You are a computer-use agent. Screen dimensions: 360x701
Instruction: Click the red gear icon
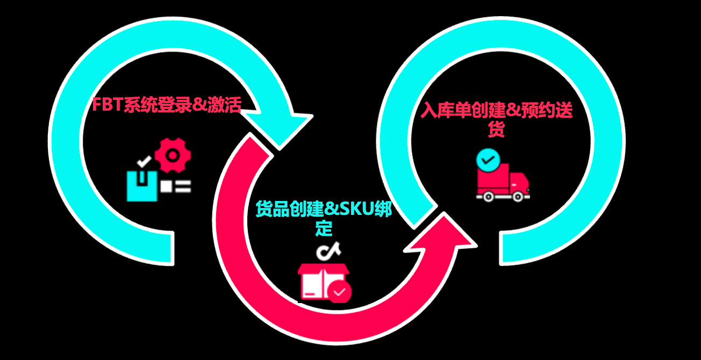pyautogui.click(x=173, y=155)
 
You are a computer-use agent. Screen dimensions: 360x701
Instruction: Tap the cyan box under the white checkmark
pyautogui.click(x=142, y=186)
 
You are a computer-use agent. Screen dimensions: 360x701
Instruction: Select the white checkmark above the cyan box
pyautogui.click(x=144, y=161)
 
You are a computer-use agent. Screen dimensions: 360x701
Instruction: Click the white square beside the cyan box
pyautogui.click(x=167, y=186)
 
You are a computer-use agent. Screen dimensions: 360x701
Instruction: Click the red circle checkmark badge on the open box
pyautogui.click(x=340, y=292)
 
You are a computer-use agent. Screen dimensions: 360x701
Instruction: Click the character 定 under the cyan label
pyautogui.click(x=324, y=228)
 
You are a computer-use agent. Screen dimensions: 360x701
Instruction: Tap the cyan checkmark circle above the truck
pyautogui.click(x=488, y=160)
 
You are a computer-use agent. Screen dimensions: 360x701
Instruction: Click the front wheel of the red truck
pyautogui.click(x=517, y=196)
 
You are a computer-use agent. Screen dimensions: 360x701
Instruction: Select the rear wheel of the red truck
pyautogui.click(x=488, y=196)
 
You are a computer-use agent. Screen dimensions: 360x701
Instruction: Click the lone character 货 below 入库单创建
pyautogui.click(x=496, y=129)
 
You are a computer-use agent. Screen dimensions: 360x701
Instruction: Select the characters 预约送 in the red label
pyautogui.click(x=552, y=111)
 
